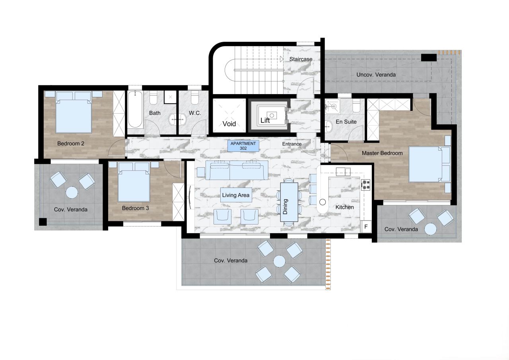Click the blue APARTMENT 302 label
[244, 145]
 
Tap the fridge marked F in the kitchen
[365, 227]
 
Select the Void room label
[229, 124]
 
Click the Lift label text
[265, 120]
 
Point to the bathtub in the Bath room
[135, 110]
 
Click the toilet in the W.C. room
[195, 98]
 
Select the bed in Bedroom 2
[74, 112]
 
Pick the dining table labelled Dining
[289, 202]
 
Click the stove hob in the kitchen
[365, 185]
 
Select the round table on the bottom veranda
[279, 261]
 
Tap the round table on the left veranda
[72, 193]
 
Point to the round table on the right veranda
[430, 229]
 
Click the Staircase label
[301, 59]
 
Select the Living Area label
[236, 195]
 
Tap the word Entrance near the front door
[292, 144]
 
